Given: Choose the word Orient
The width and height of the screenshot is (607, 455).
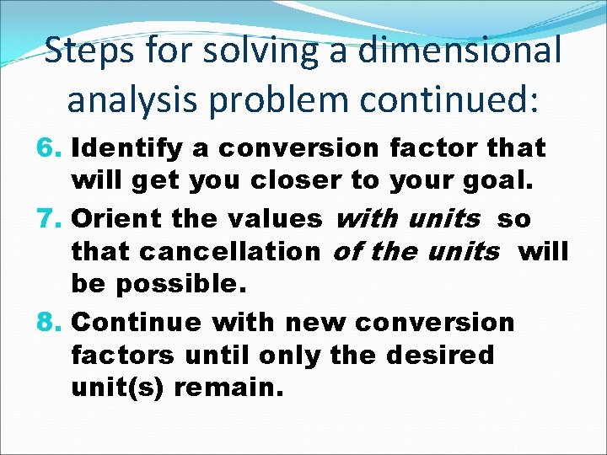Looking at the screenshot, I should point(118,220).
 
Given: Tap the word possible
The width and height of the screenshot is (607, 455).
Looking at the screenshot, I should point(180,285).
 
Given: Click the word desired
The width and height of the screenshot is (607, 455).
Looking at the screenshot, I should point(440,355).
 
